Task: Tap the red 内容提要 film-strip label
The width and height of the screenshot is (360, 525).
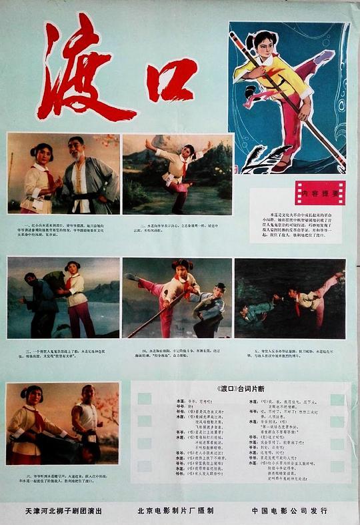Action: pos(320,193)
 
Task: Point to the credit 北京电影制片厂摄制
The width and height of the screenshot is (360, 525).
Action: pos(175,510)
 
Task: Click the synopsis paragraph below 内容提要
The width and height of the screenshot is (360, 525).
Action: pos(297,225)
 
